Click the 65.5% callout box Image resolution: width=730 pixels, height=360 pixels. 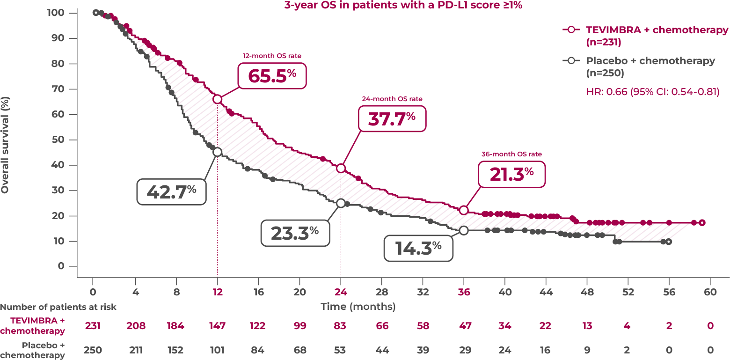click(x=272, y=75)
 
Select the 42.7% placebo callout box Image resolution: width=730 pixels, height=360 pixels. click(x=171, y=191)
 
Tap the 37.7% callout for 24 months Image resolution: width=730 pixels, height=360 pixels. click(x=392, y=118)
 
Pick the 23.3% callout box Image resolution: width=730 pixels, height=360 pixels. click(x=295, y=232)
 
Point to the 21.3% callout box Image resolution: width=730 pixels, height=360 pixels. click(x=511, y=174)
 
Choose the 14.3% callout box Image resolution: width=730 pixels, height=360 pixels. click(x=418, y=248)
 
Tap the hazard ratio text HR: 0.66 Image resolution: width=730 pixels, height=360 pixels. click(x=652, y=92)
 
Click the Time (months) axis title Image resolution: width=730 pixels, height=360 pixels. click(x=358, y=307)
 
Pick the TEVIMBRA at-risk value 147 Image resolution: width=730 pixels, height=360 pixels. click(x=217, y=326)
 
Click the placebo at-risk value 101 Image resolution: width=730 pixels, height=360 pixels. click(x=217, y=350)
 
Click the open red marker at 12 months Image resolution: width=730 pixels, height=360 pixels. click(x=217, y=99)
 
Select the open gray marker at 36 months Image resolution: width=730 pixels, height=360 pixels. click(x=464, y=230)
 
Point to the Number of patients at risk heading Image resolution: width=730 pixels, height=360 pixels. click(x=58, y=307)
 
